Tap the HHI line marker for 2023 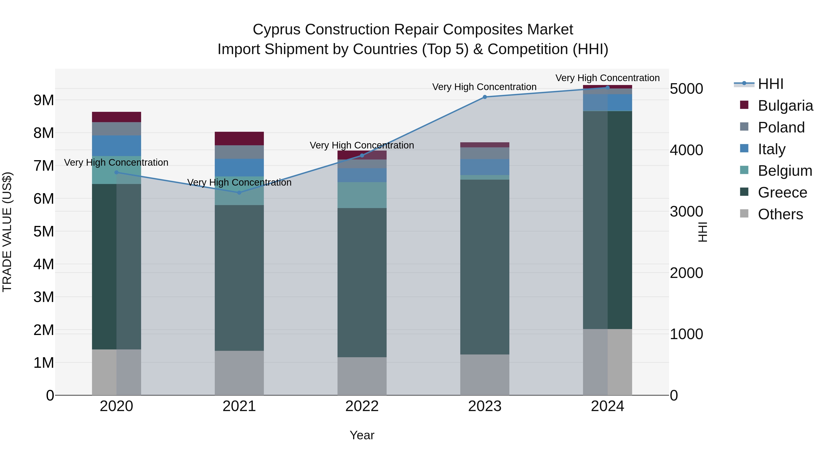(x=485, y=97)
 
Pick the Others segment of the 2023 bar (x=485, y=374)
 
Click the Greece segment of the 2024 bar (x=607, y=220)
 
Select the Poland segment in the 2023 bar (x=485, y=153)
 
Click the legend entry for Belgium (x=785, y=171)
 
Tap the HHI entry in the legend (x=770, y=84)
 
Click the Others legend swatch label (x=780, y=214)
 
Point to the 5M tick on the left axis (x=44, y=231)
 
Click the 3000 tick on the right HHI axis (x=686, y=211)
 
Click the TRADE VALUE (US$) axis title (x=7, y=232)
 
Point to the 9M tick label (x=44, y=100)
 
